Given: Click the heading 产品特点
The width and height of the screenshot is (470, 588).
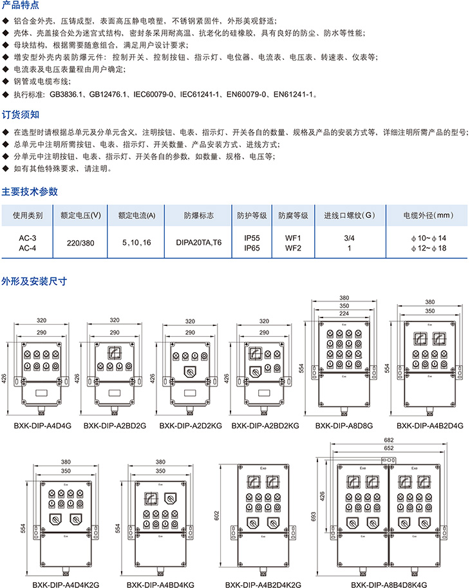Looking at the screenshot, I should pyautogui.click(x=21, y=5).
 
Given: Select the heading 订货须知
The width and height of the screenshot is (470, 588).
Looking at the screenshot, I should pyautogui.click(x=21, y=115).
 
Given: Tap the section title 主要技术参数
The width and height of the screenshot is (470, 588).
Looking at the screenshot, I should pyautogui.click(x=30, y=191).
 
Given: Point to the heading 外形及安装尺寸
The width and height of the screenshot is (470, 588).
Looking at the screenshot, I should pyautogui.click(x=34, y=281).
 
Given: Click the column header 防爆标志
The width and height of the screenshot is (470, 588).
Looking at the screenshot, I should pyautogui.click(x=198, y=215).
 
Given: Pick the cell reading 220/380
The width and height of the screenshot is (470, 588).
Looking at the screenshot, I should pyautogui.click(x=80, y=243).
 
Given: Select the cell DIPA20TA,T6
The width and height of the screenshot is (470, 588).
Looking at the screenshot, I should pyautogui.click(x=198, y=243).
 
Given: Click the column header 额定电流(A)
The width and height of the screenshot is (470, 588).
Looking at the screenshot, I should pyautogui.click(x=136, y=215).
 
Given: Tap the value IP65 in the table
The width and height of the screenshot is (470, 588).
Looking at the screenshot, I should pyautogui.click(x=252, y=247).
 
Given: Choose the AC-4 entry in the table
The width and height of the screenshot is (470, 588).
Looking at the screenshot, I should pyautogui.click(x=28, y=248).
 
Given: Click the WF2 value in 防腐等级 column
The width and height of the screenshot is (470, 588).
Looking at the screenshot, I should pyautogui.click(x=294, y=247).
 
